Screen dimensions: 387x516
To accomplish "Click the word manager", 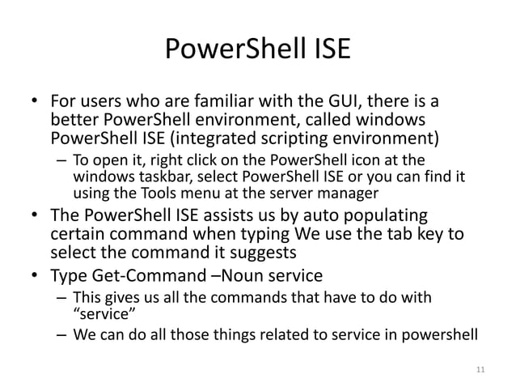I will pos(354,193).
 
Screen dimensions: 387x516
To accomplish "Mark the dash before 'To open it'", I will pos(60,158).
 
